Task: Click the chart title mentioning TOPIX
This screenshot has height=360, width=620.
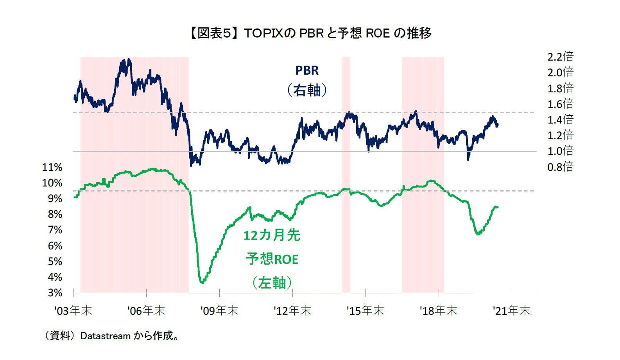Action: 310,33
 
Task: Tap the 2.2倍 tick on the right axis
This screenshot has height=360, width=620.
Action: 560,57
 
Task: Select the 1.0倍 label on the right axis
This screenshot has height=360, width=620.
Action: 560,151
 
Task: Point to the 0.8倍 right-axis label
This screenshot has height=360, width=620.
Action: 560,167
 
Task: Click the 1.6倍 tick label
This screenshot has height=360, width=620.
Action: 560,104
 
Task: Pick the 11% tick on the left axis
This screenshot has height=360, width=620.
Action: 52,167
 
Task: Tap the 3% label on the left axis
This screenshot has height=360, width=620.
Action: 55,293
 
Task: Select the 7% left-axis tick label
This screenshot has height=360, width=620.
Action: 55,230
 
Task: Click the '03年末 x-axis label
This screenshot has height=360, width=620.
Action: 73,311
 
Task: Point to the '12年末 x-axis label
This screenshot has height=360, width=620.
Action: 292,311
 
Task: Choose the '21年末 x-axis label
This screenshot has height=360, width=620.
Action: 511,311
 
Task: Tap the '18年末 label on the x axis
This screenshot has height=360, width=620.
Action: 438,311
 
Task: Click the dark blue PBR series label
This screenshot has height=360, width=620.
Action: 307,70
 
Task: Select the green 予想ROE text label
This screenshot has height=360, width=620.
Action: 272,259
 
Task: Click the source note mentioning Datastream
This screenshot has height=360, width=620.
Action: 111,336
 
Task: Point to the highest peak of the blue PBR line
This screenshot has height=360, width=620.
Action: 129,60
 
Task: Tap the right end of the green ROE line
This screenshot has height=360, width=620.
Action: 497,207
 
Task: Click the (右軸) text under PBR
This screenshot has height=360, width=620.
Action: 307,90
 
